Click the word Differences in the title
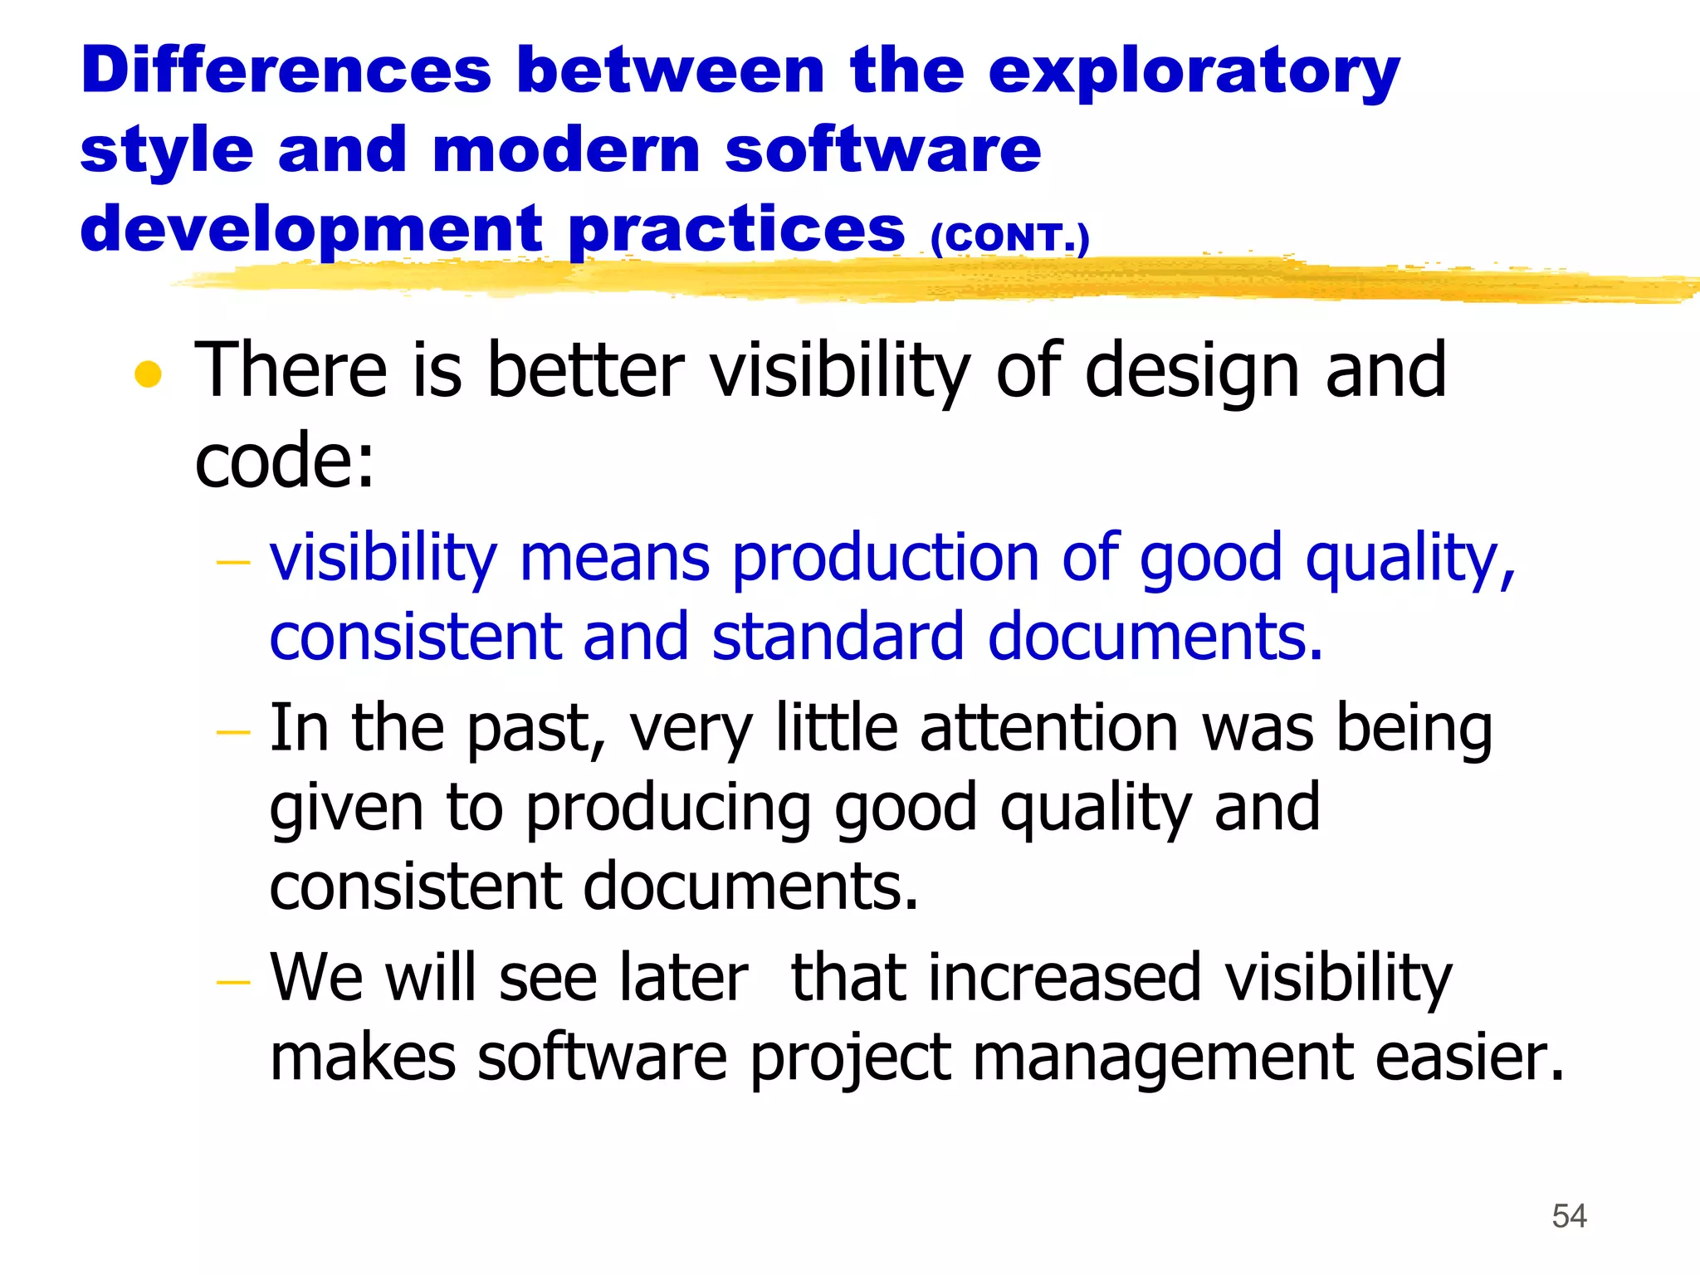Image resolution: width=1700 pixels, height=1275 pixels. [286, 71]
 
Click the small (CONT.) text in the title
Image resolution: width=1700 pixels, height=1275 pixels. [1009, 238]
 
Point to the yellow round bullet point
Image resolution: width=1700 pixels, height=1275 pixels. [148, 374]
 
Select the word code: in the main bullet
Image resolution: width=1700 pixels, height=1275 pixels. [285, 461]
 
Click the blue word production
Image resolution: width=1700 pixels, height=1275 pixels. [885, 558]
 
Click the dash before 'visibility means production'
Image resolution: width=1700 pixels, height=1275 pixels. [232, 564]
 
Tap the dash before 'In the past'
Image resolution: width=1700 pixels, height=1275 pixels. [232, 733]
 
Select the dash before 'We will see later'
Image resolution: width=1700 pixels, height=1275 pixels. [232, 983]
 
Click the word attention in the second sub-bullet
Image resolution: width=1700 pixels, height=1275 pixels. [1050, 728]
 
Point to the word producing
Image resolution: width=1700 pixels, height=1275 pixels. [669, 808]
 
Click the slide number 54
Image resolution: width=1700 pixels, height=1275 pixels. [1569, 1216]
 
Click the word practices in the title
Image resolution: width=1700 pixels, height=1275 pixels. [737, 230]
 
